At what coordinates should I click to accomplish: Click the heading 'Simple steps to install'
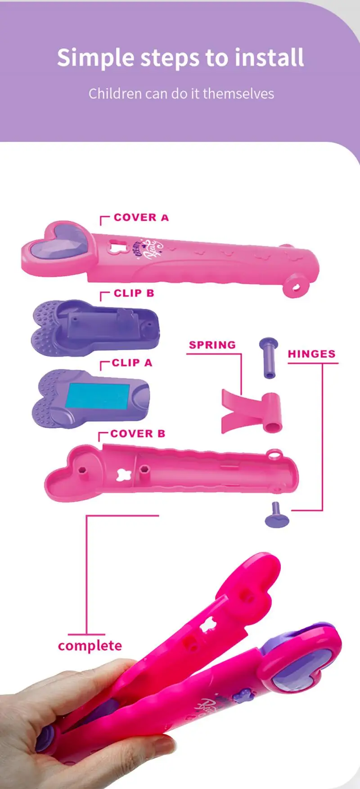pos(180,58)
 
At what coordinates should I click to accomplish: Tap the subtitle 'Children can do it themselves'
pos(181,94)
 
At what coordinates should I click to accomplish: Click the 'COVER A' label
pos(141,218)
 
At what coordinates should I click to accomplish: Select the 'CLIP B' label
pos(134,293)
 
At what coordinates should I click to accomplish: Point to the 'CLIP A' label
pos(132,363)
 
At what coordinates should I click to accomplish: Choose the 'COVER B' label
pos(137,434)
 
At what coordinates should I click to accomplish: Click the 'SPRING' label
pos(212,345)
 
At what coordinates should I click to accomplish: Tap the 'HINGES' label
pos(311,354)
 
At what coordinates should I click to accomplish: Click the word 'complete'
pos(90,646)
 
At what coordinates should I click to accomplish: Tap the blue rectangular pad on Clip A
pos(98,394)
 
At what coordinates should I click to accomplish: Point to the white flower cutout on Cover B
pos(122,475)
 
